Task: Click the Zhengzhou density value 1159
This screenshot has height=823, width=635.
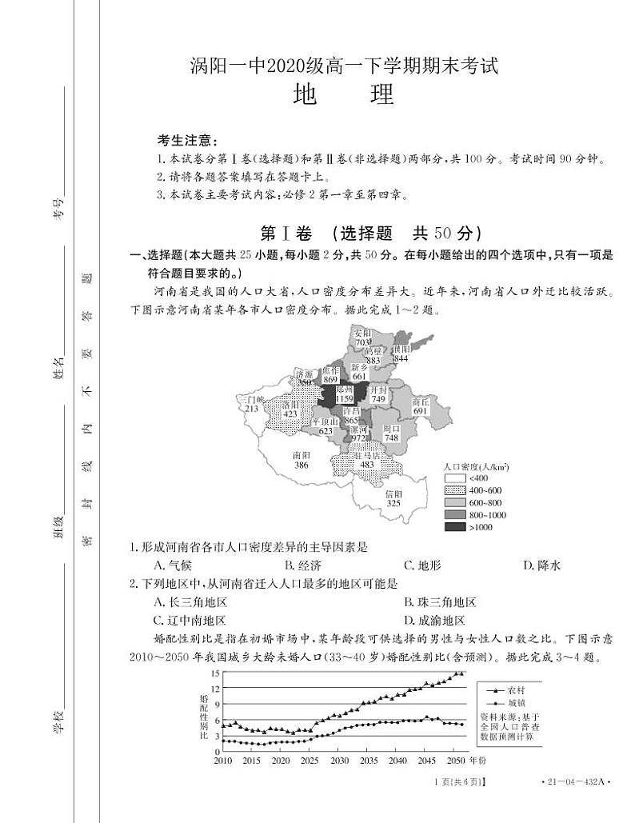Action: pyautogui.click(x=344, y=398)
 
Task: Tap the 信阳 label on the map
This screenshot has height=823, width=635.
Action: pyautogui.click(x=393, y=493)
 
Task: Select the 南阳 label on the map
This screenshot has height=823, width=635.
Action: pyautogui.click(x=302, y=454)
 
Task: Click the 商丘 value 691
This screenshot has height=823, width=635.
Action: pyautogui.click(x=421, y=410)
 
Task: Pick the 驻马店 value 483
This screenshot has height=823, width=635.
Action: pyautogui.click(x=366, y=465)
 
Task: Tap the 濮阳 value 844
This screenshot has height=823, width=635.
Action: pyautogui.click(x=401, y=358)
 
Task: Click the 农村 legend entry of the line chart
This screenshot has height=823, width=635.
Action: pyautogui.click(x=517, y=689)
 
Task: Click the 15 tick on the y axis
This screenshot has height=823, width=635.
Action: pyautogui.click(x=215, y=673)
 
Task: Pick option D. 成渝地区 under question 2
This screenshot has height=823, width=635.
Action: pyautogui.click(x=434, y=620)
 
